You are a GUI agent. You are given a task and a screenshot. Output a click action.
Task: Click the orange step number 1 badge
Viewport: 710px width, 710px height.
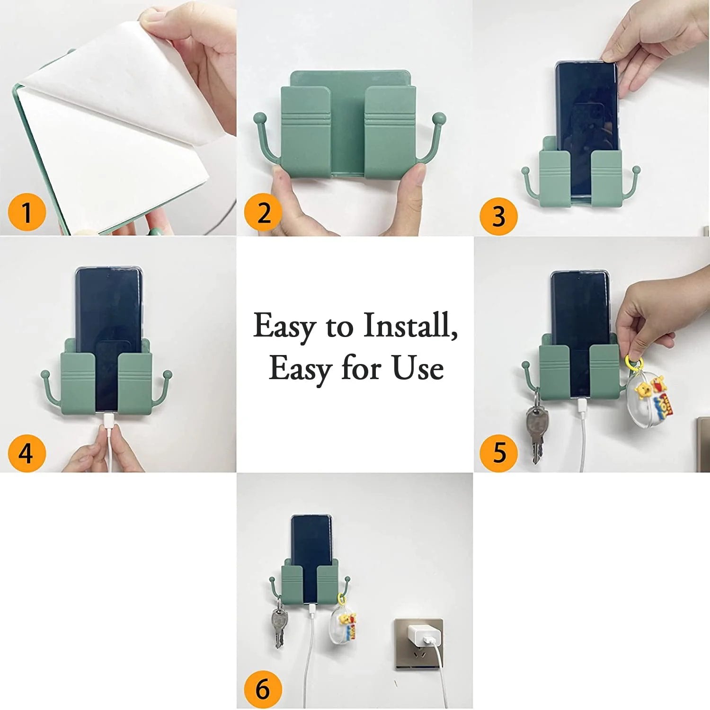pos(27,212)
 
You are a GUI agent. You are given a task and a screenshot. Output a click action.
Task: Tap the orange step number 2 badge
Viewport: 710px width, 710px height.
pos(263,213)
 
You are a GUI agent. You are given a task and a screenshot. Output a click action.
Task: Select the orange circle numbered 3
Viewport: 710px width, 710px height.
pos(498,216)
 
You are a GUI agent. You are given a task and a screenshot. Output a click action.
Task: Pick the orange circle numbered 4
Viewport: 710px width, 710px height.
pos(27,453)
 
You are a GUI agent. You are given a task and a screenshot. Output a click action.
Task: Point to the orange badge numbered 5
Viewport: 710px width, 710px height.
pos(499,453)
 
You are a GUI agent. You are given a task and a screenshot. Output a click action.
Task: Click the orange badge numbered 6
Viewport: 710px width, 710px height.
pos(263,689)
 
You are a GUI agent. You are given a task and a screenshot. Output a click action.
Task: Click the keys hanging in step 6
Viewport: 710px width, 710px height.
pos(279,625)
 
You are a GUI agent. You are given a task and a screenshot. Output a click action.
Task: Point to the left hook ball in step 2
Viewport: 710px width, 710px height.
pos(259,117)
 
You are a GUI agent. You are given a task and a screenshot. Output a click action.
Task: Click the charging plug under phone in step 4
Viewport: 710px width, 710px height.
pos(107,419)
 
